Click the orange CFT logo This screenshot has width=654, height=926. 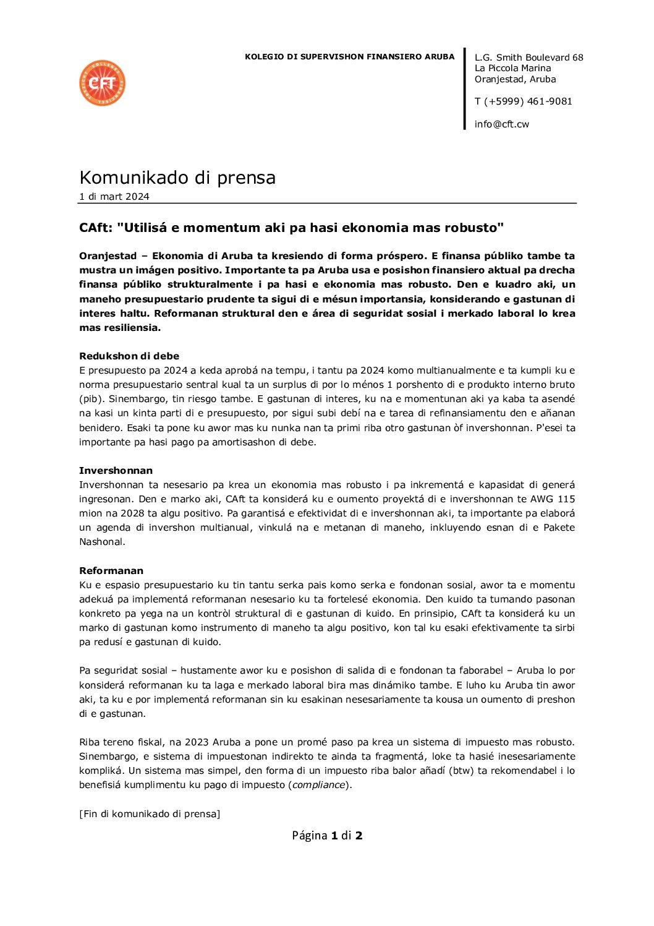103,83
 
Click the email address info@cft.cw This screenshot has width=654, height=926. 501,124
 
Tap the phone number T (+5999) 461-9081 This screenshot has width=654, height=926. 523,101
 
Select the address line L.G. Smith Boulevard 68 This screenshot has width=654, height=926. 529,58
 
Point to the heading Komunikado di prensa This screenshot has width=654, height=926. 177,178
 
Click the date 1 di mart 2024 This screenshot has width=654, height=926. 114,197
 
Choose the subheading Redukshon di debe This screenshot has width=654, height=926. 129,356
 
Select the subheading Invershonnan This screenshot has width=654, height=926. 116,470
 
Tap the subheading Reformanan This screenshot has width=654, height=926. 111,570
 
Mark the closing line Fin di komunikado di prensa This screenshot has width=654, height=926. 150,813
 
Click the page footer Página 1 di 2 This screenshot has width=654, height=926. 327,836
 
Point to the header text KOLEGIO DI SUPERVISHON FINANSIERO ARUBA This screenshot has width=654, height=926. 349,57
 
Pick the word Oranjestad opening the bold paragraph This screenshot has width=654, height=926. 108,255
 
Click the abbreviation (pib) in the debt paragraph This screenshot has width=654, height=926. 90,399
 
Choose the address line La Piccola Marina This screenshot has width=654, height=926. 512,68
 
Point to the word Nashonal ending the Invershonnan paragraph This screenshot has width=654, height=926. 102,542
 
